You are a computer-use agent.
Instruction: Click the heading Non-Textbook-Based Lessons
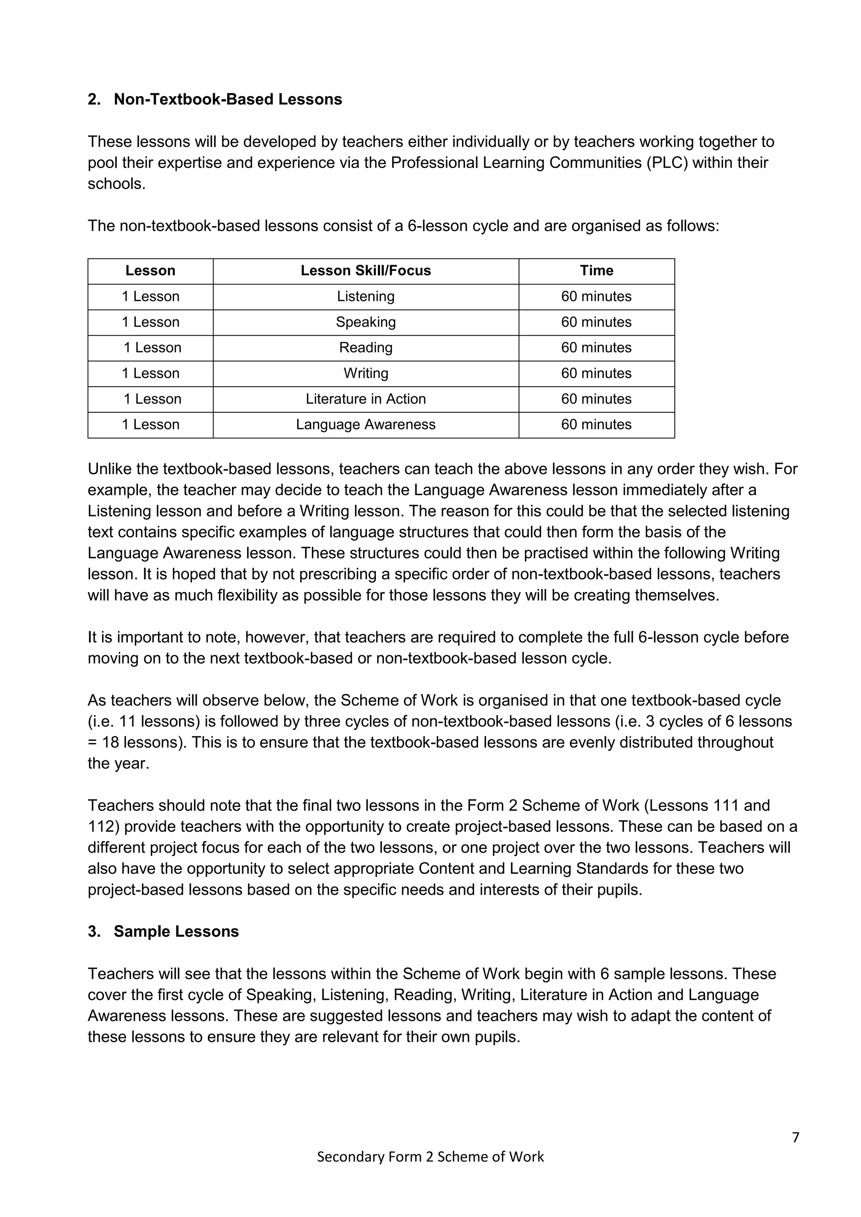pos(227,100)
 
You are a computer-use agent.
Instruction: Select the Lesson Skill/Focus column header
pos(365,271)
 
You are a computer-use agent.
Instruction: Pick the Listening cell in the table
pos(365,296)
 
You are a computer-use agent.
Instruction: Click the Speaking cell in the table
pos(365,322)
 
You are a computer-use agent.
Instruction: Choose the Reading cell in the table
pos(365,348)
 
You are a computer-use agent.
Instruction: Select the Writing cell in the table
pos(365,374)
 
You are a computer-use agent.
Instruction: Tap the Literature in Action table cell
pos(365,399)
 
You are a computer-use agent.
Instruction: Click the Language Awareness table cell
pos(365,424)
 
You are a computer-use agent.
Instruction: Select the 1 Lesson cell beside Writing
pos(151,374)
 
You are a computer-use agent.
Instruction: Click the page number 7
pos(795,1138)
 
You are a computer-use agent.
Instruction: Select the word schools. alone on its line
pos(116,184)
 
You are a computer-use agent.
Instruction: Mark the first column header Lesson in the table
pos(151,271)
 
